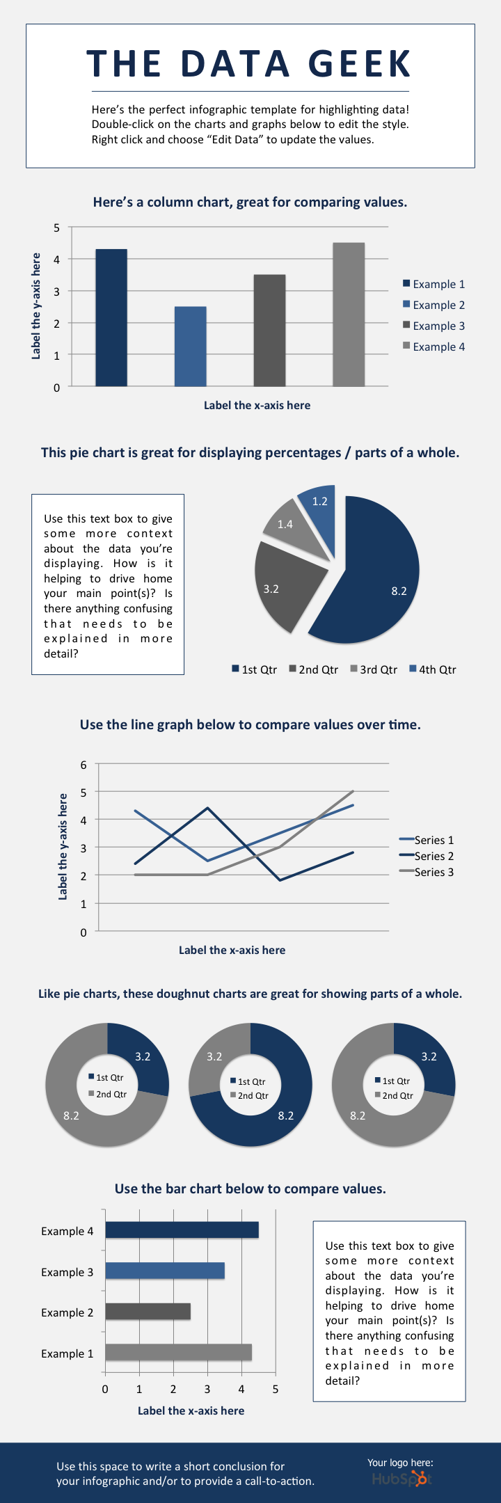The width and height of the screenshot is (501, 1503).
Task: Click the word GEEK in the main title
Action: tap(360, 64)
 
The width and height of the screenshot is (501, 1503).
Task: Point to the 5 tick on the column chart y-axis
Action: tap(57, 228)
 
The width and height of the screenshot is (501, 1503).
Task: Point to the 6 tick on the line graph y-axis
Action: tap(84, 765)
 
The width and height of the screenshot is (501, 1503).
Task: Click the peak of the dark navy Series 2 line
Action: tap(207, 808)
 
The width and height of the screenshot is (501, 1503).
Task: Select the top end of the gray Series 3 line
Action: tap(353, 791)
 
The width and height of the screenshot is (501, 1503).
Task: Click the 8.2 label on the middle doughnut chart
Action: tap(286, 1115)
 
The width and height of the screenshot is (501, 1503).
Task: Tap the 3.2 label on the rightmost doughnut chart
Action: tap(429, 1056)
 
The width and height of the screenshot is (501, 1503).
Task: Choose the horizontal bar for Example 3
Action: tap(165, 1271)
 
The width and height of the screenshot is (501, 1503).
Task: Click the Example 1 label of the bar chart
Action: tap(67, 1353)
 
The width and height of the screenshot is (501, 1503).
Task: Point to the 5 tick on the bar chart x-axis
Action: tap(276, 1390)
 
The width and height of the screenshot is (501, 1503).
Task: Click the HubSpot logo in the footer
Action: tap(401, 1479)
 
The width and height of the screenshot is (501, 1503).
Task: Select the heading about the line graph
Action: tap(250, 724)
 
